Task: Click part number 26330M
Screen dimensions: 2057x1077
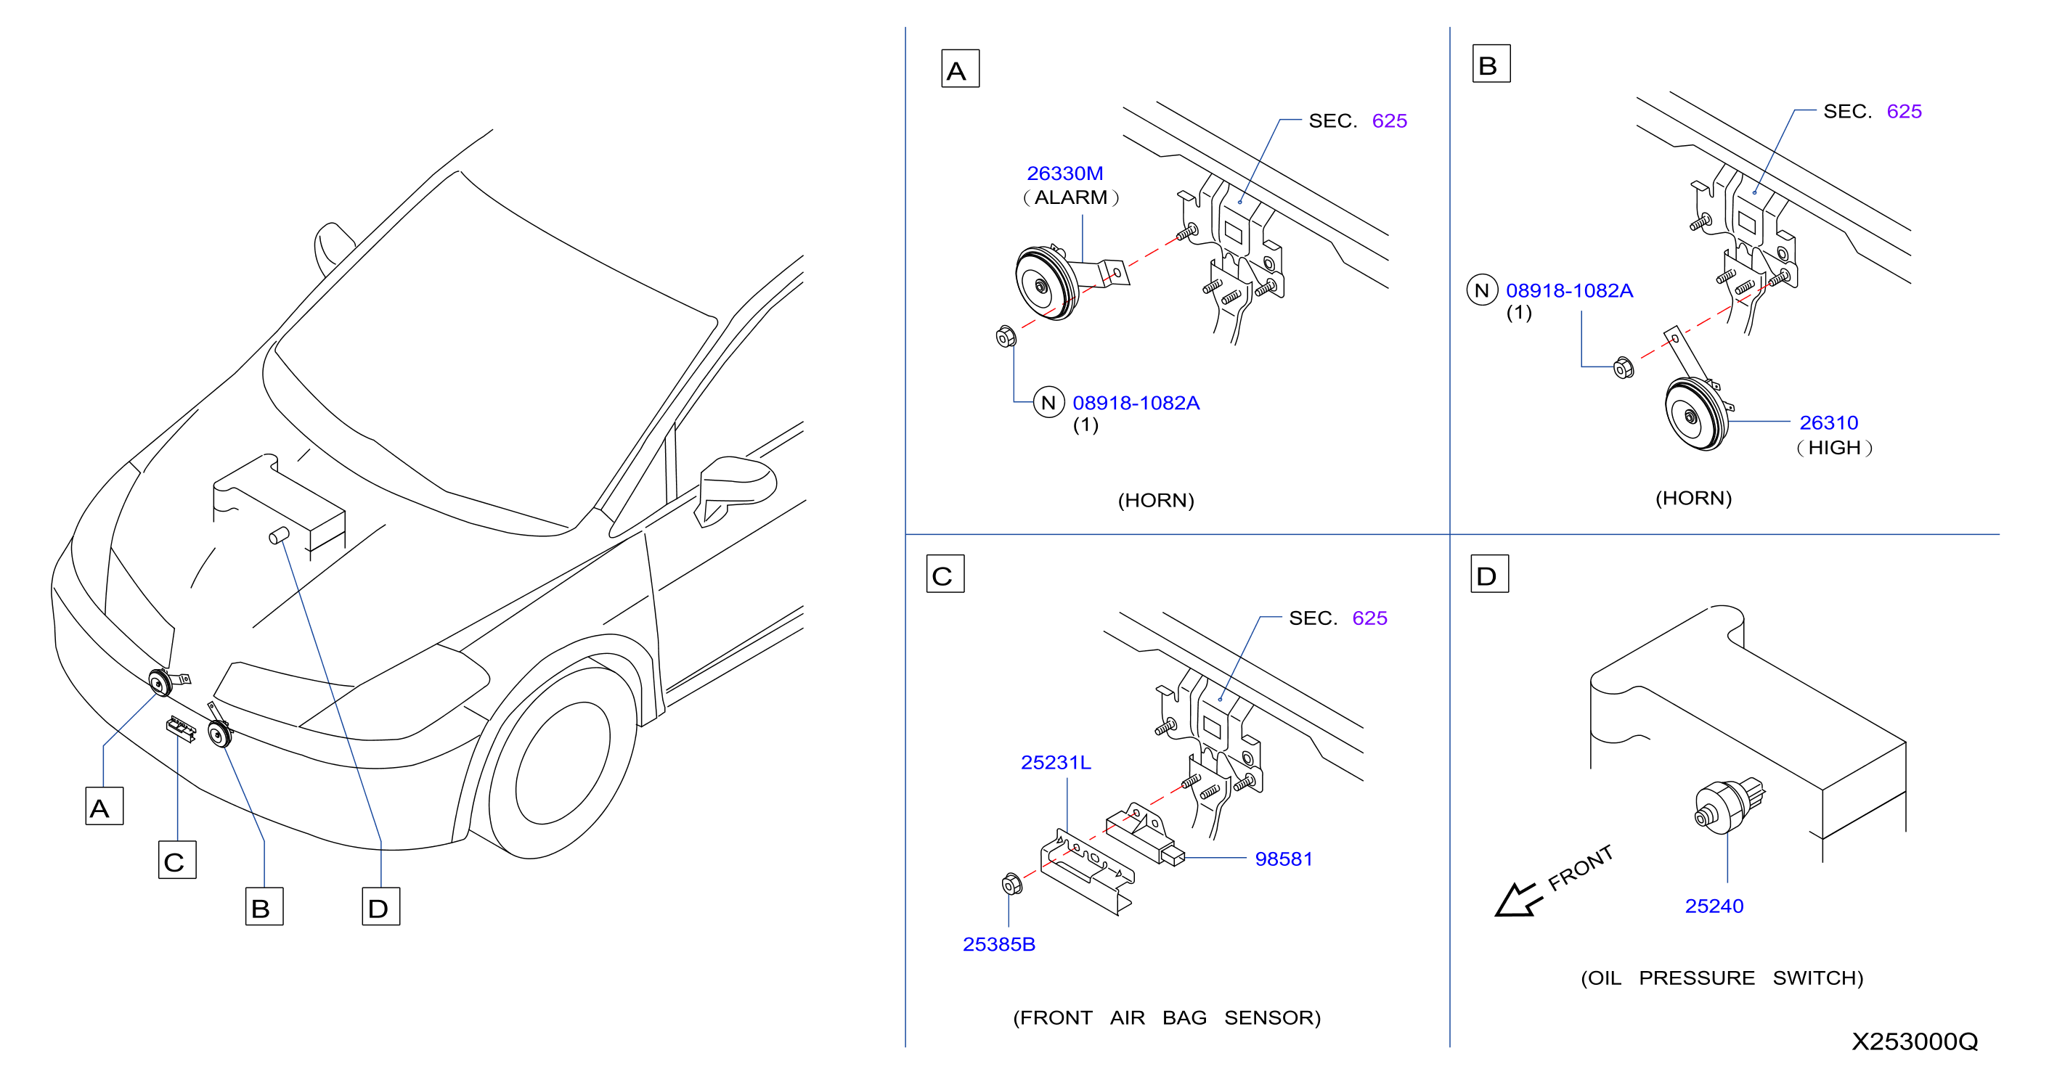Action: coord(1064,173)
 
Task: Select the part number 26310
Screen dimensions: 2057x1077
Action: coord(1828,422)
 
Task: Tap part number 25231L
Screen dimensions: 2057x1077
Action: coord(1056,763)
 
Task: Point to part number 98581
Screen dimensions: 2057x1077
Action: coord(1284,859)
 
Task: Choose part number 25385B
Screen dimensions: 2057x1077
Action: coord(999,944)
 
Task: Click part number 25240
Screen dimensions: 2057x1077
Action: coord(1714,906)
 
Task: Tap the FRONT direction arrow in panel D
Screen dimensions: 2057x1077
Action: coord(1518,900)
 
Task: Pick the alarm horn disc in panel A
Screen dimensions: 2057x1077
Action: coord(1047,284)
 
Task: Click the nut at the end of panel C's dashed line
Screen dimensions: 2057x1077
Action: coord(1011,884)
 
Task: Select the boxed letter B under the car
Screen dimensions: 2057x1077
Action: coord(264,906)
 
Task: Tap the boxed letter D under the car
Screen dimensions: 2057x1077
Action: coord(381,906)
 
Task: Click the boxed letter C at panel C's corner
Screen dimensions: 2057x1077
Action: coord(945,573)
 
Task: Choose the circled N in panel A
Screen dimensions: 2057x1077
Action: coord(1048,402)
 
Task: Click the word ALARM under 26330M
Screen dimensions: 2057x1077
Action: coord(1071,197)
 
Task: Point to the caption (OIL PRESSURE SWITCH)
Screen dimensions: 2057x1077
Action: coord(1722,978)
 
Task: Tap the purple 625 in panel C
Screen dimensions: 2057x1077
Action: coord(1369,618)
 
